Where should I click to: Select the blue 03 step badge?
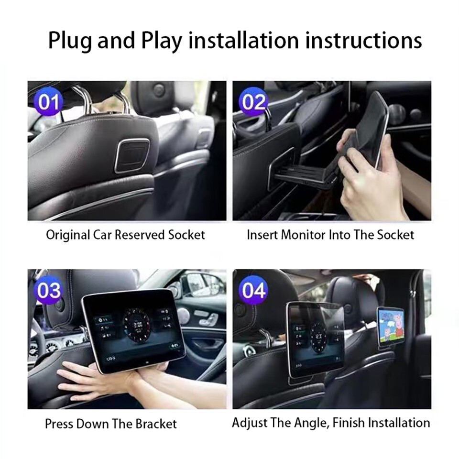tap(49, 291)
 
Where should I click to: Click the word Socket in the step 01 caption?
tap(186, 235)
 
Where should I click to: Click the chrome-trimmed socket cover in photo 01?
tap(132, 155)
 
